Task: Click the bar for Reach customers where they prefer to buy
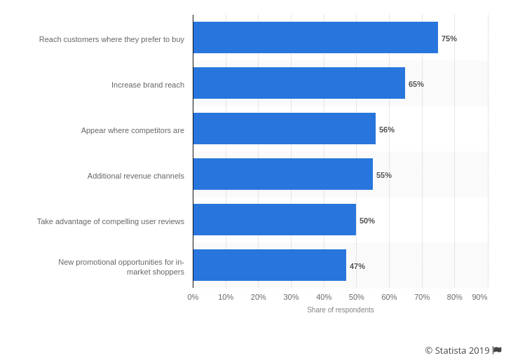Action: tap(315, 38)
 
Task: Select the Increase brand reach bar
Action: tap(299, 83)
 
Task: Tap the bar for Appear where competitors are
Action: tap(285, 129)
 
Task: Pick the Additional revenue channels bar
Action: tap(283, 174)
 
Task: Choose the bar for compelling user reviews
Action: tap(275, 220)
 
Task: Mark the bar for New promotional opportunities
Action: tap(270, 265)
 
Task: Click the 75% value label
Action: tap(449, 39)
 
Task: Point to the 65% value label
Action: tap(416, 84)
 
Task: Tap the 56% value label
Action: tap(387, 130)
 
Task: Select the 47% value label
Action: tap(357, 266)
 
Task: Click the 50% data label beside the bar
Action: tap(367, 221)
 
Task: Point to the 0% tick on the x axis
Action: tap(193, 297)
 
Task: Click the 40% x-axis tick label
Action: tap(324, 297)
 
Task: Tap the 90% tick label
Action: tap(479, 297)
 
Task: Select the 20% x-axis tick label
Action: tap(259, 297)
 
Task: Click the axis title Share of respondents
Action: tap(341, 310)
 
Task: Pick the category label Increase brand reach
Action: tap(148, 85)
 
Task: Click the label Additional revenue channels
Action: tap(136, 176)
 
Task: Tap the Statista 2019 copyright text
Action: tap(457, 350)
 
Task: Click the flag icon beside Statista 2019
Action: tap(497, 350)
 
